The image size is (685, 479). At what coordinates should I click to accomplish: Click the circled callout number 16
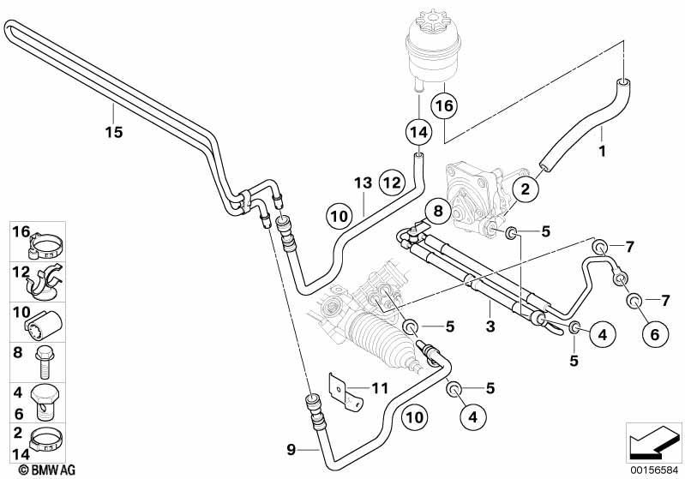(x=444, y=105)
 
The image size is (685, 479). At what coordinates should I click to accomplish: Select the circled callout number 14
(x=418, y=131)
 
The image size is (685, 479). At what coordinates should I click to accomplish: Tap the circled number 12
(x=392, y=182)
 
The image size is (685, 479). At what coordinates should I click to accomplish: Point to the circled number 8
(x=438, y=212)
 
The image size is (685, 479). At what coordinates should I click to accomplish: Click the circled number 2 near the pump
(x=525, y=189)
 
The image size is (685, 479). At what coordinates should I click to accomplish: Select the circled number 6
(x=654, y=334)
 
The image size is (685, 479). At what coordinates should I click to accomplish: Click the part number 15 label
(x=113, y=132)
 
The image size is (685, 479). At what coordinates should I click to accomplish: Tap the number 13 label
(x=363, y=183)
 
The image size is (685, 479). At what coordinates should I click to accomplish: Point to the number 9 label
(x=291, y=449)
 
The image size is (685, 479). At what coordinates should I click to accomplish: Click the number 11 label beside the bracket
(x=379, y=387)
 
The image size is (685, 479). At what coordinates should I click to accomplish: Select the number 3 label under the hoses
(x=490, y=326)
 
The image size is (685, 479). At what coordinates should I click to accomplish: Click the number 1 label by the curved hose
(x=602, y=152)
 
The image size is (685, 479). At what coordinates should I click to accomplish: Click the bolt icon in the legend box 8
(x=43, y=362)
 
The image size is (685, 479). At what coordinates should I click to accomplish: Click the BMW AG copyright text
(x=47, y=470)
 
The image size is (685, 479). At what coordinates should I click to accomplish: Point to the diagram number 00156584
(x=652, y=470)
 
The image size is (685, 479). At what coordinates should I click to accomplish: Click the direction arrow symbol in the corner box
(x=653, y=442)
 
